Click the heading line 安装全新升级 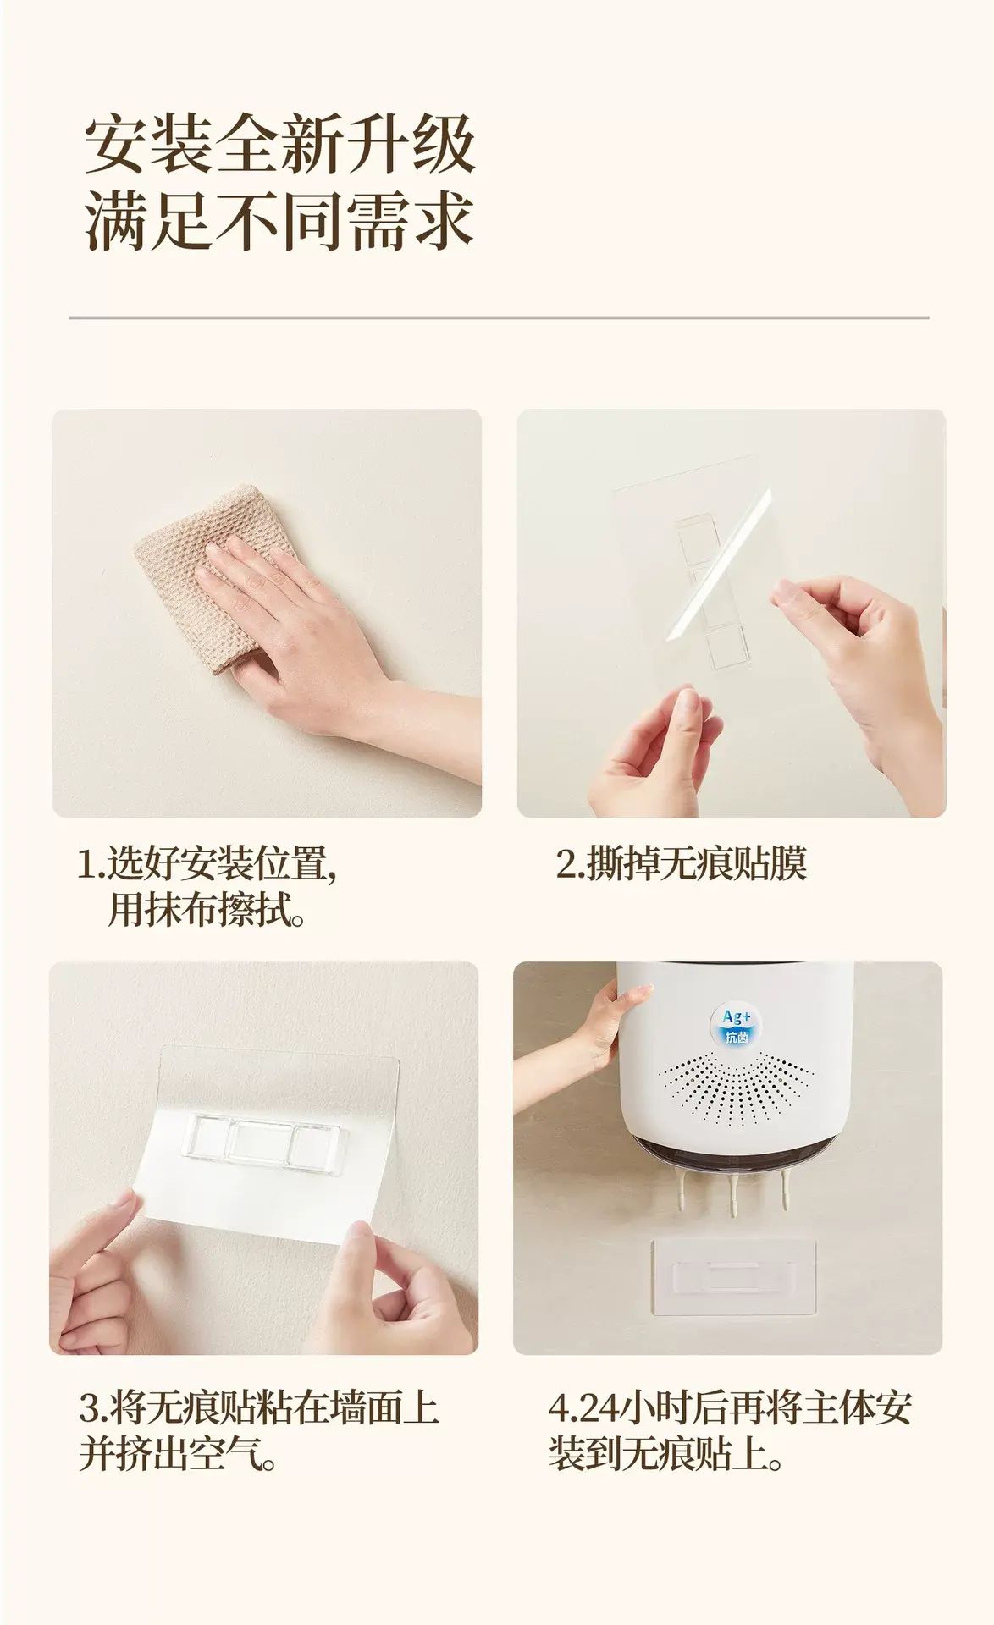click(279, 145)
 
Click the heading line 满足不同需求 click(279, 220)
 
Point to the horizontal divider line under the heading click(499, 317)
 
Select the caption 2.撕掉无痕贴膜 click(681, 863)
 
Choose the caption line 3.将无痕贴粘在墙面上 click(258, 1407)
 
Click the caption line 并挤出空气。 click(179, 1454)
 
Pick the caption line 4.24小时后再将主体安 click(730, 1407)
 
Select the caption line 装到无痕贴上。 click(665, 1454)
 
